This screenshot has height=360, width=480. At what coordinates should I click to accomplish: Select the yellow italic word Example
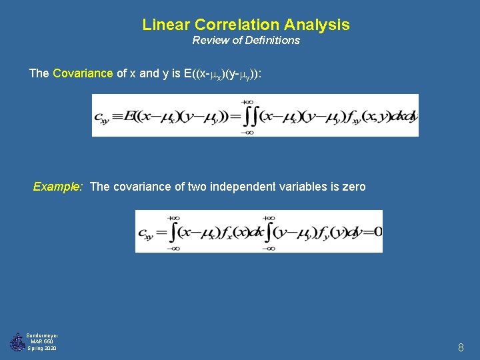coord(57,187)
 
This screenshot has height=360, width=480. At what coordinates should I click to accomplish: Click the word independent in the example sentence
coord(240,187)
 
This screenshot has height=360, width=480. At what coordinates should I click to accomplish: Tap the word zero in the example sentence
coord(353,187)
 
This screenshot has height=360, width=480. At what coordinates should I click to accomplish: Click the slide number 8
coord(461,347)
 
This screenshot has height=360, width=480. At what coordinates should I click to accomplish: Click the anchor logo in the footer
coord(16,342)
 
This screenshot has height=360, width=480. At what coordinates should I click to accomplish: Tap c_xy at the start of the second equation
coord(145,233)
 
